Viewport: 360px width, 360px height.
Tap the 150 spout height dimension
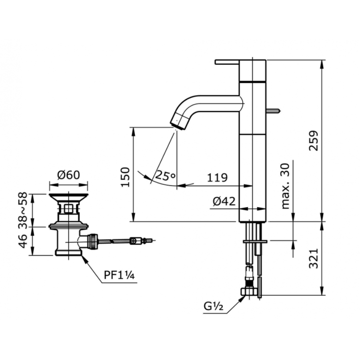click(126, 177)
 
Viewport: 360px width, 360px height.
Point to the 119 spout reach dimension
click(217, 178)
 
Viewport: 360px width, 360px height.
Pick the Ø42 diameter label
click(224, 200)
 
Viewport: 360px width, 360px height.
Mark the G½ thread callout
click(214, 307)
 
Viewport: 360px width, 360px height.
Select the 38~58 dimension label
click(22, 210)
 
